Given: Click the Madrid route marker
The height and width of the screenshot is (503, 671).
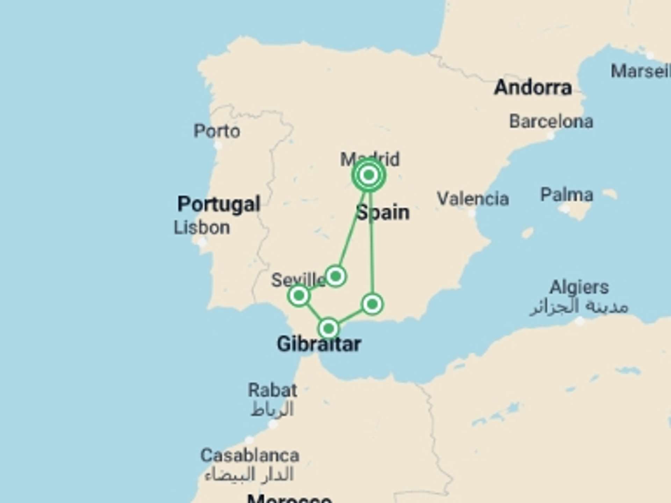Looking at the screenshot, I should click(x=369, y=175).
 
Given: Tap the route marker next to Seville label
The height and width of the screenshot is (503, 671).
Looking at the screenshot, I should click(x=299, y=296).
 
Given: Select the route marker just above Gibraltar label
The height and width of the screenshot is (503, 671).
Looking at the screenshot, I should click(x=329, y=328).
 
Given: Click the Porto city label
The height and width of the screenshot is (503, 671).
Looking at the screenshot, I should click(x=217, y=131).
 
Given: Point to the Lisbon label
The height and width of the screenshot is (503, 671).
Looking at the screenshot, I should click(x=202, y=228).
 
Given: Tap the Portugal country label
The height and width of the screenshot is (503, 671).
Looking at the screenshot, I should click(x=219, y=204).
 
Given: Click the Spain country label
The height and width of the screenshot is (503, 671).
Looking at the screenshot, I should click(x=383, y=212).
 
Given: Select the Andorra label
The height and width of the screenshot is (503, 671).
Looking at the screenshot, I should click(x=533, y=87).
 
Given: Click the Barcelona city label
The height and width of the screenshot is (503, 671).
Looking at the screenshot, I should click(x=551, y=122).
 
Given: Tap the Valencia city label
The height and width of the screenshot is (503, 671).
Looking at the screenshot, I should click(x=473, y=199).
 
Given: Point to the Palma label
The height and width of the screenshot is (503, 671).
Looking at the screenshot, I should click(x=567, y=195).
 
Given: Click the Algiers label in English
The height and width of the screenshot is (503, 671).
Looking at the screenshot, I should click(x=579, y=287).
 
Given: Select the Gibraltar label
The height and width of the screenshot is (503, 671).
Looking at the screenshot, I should click(x=319, y=344).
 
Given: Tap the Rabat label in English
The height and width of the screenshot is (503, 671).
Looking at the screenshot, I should click(x=273, y=390).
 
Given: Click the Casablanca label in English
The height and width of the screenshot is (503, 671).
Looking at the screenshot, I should click(x=250, y=455).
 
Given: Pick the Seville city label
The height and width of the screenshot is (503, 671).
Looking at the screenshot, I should click(x=298, y=280).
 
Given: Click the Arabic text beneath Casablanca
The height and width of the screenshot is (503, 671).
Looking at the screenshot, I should click(x=249, y=474).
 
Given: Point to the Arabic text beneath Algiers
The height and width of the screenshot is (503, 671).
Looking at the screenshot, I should click(x=579, y=307).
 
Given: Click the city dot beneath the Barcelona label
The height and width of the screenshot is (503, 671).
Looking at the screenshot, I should click(x=551, y=136).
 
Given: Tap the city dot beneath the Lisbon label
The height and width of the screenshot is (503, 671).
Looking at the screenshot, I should click(x=202, y=242).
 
